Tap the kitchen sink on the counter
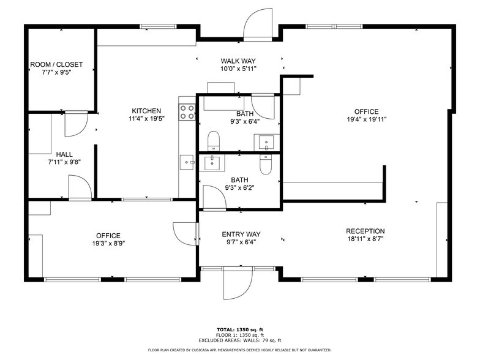click(x=187, y=162)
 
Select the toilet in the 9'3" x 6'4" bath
click(x=213, y=141)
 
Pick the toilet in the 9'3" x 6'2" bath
click(x=266, y=164)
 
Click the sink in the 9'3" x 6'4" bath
click(x=267, y=143)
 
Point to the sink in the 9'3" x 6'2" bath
click(x=214, y=162)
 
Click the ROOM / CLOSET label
click(x=56, y=64)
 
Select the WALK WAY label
click(x=238, y=61)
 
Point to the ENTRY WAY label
click(x=241, y=234)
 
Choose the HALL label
click(x=65, y=154)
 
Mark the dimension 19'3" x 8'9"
click(x=108, y=243)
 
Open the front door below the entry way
click(x=238, y=283)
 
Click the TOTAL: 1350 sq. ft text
click(x=239, y=329)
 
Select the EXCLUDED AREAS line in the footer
click(x=239, y=340)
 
